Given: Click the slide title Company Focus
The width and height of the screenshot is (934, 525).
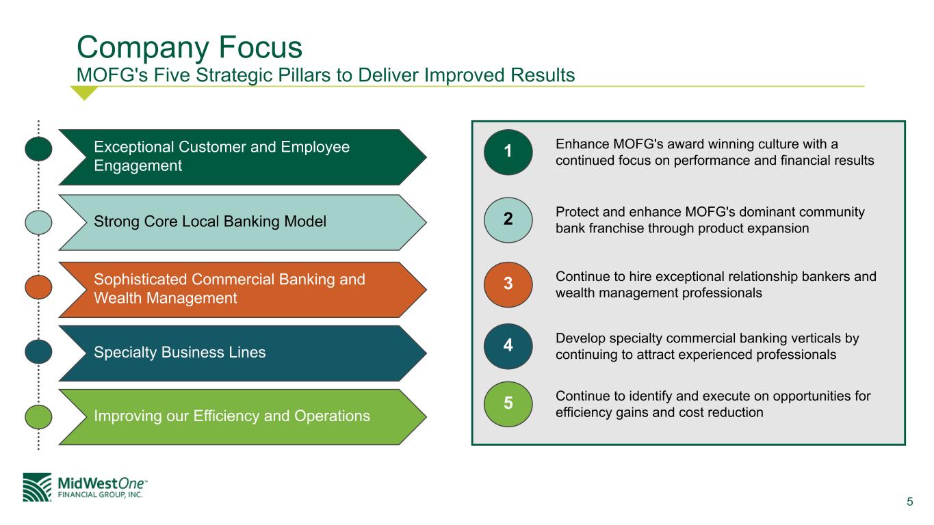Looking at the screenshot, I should click(x=189, y=46).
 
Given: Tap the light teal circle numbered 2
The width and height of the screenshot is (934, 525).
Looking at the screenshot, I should click(x=508, y=219).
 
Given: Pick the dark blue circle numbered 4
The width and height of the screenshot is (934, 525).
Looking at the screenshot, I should click(x=508, y=346).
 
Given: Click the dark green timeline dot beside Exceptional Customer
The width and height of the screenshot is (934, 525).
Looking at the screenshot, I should click(x=39, y=149).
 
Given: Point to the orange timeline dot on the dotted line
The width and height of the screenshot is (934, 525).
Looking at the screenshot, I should click(x=39, y=286).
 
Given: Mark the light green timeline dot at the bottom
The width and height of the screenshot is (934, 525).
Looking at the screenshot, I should click(x=39, y=416).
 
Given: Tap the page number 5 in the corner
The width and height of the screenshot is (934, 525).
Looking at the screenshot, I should click(x=909, y=502).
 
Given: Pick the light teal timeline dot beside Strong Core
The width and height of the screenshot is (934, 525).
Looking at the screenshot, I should click(x=39, y=221).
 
